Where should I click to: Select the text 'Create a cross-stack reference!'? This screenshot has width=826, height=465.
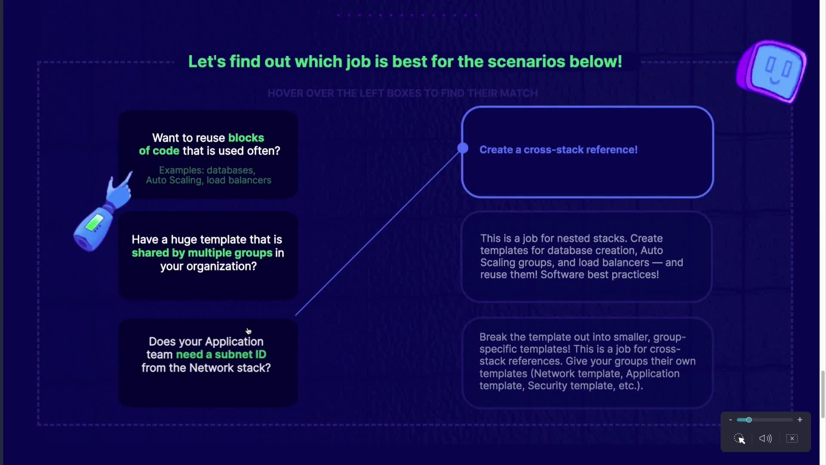click(x=558, y=150)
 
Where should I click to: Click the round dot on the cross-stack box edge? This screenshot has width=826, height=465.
click(x=463, y=148)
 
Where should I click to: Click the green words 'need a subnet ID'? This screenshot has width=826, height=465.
click(x=221, y=354)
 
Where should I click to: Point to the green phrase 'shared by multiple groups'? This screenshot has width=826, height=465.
click(x=202, y=253)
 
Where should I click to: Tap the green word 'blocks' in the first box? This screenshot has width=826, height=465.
click(x=246, y=138)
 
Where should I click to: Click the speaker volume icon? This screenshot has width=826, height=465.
click(x=765, y=438)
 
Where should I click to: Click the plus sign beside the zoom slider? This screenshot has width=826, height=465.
click(x=800, y=420)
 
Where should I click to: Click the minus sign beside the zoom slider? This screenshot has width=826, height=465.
click(x=730, y=420)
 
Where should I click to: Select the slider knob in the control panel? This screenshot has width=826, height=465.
click(x=749, y=420)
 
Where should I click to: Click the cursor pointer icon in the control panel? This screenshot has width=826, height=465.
click(x=739, y=439)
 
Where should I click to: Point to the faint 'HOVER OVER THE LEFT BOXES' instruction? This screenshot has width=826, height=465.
click(x=403, y=93)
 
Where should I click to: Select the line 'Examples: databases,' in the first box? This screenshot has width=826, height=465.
click(x=207, y=170)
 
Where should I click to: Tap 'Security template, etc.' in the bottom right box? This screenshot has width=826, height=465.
click(x=586, y=386)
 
